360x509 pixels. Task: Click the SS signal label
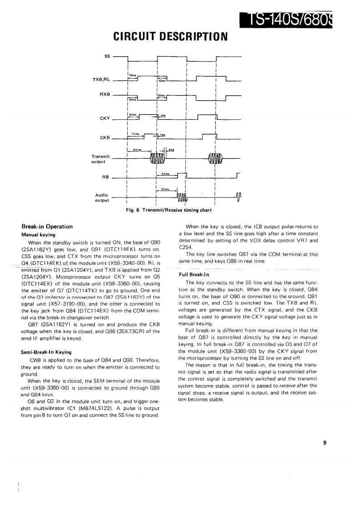pyautogui.click(x=107, y=56)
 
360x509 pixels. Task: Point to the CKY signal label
pyautogui.click(x=104, y=119)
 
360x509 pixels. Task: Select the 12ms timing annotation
pyautogui.click(x=133, y=114)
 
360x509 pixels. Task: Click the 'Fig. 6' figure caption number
pyautogui.click(x=133, y=210)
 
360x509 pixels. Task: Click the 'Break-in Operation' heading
pyautogui.click(x=47, y=227)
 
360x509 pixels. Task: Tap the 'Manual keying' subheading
pyautogui.click(x=39, y=235)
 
